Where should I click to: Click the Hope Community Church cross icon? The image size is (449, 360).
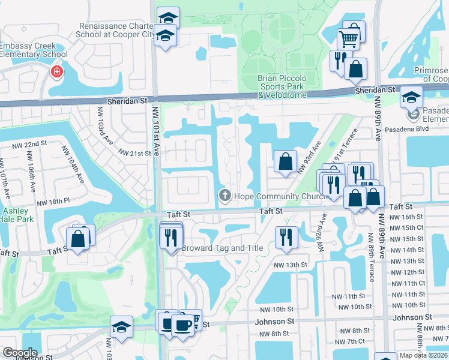click(225, 195)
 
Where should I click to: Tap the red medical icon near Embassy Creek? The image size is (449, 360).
click(56, 73)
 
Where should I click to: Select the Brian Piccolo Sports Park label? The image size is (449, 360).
click(282, 86)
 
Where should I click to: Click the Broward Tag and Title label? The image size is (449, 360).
click(222, 248)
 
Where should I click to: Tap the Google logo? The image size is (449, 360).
click(20, 352)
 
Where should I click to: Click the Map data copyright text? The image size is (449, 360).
click(423, 355)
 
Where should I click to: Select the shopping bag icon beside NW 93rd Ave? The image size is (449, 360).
click(285, 161)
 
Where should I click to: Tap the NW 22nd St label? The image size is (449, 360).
click(28, 144)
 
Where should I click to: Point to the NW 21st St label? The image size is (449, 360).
click(134, 154)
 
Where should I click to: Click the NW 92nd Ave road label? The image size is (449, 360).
click(322, 236)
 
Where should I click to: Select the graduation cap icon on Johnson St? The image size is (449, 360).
click(121, 327)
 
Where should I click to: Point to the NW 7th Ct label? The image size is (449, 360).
click(352, 341)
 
